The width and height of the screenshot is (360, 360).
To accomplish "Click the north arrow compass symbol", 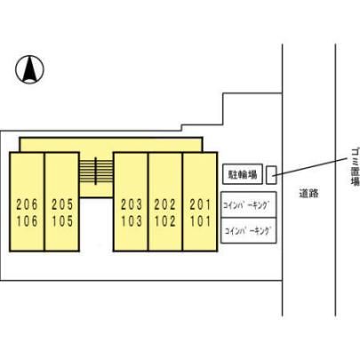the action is [x=29, y=69].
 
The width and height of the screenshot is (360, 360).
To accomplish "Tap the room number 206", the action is [x=27, y=204].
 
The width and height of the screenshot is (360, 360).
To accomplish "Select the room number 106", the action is [x=27, y=221].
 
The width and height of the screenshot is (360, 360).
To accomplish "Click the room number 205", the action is [x=62, y=204].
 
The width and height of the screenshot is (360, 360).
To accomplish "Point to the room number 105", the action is [x=62, y=221].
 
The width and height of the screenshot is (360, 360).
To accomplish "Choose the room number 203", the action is [x=132, y=204].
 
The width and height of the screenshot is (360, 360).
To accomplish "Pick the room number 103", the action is [x=132, y=221].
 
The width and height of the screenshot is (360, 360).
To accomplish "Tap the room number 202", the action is [x=165, y=204].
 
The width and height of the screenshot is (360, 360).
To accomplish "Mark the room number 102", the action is [x=165, y=221].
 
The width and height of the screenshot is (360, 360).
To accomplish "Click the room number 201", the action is [x=200, y=204].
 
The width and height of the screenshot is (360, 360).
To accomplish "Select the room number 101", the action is [x=200, y=221].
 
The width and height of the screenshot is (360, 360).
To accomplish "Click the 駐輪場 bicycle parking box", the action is [x=243, y=174].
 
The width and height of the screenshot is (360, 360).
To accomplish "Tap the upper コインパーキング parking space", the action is [x=249, y=204].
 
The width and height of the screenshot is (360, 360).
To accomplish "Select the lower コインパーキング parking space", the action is [x=249, y=230].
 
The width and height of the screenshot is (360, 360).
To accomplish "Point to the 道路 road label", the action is [x=308, y=194].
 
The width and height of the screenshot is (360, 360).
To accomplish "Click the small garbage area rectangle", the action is [x=271, y=175].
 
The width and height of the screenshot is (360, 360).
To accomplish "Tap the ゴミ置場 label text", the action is [x=355, y=171].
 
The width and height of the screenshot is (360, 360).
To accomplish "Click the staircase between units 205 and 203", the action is [x=96, y=171].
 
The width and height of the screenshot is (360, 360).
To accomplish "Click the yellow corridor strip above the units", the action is [x=111, y=145].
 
